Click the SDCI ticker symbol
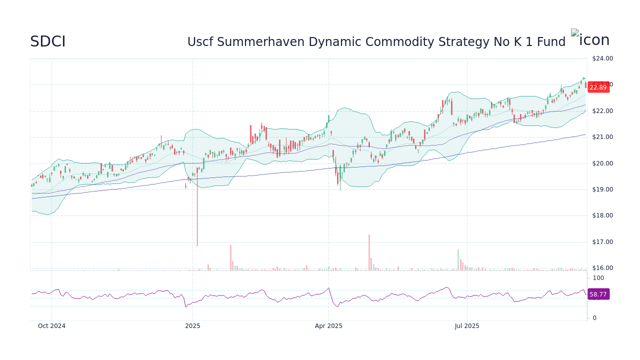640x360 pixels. [x=47, y=42]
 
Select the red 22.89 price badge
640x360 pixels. [x=598, y=87]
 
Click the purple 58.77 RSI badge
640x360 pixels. [x=598, y=294]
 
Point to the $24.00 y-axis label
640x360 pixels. [x=602, y=58]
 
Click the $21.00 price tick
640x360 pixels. [x=602, y=137]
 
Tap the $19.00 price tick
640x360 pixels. [x=602, y=189]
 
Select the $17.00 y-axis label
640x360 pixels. [x=602, y=242]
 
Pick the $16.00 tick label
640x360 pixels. [x=602, y=268]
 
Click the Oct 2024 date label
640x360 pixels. [x=51, y=326]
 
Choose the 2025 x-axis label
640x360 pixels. [x=192, y=326]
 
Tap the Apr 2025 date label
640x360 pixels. [x=328, y=326]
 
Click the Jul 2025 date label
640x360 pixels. [x=467, y=326]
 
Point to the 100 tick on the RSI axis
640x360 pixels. [x=598, y=278]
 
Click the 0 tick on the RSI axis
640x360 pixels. [x=594, y=318]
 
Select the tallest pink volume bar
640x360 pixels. [x=369, y=252]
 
